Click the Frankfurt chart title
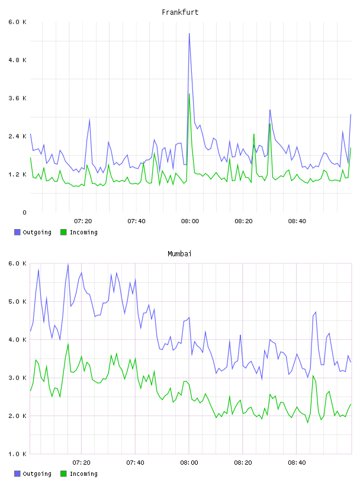point(180,12)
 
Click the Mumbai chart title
point(179,254)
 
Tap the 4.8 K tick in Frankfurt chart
point(18,60)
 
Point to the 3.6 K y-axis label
point(18,98)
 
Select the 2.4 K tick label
point(18,137)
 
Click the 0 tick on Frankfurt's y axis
point(24,212)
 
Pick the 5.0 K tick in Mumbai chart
point(18,301)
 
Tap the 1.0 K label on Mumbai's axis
point(18,454)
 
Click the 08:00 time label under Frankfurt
point(190,221)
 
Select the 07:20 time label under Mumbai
point(81,463)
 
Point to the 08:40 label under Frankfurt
point(297,221)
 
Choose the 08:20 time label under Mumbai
point(243,463)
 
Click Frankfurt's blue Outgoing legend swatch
point(17,232)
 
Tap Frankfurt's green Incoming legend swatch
point(63,232)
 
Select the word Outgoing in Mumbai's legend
point(37,474)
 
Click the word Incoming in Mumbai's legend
point(83,474)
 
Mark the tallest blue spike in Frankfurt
point(189,34)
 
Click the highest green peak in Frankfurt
point(189,94)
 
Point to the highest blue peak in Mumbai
point(68,265)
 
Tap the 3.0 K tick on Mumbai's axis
point(18,378)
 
